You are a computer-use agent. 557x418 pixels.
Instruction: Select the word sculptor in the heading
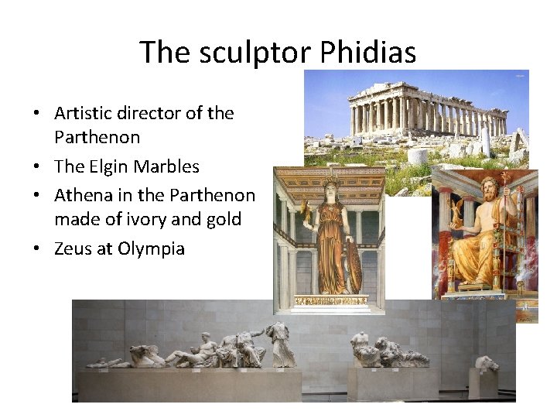pyautogui.click(x=254, y=53)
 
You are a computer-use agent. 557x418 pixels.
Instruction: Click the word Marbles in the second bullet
pyautogui.click(x=166, y=166)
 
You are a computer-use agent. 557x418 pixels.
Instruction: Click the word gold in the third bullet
pyautogui.click(x=222, y=220)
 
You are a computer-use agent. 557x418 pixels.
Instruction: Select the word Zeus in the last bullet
pyautogui.click(x=73, y=248)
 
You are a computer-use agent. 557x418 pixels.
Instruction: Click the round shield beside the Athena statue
pyautogui.click(x=354, y=268)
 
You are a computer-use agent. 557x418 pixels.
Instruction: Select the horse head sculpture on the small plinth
pyautogui.click(x=486, y=363)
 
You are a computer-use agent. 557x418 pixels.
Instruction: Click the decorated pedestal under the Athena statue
pyautogui.click(x=331, y=300)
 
